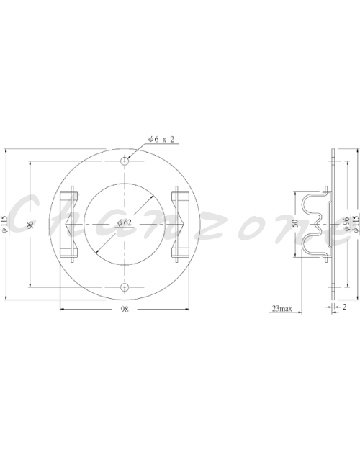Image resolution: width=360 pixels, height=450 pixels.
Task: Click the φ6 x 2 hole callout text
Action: pos(161,140)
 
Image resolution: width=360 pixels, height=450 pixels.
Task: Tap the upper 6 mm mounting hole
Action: pos(125,161)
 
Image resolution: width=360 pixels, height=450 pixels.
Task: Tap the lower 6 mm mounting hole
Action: pos(125,287)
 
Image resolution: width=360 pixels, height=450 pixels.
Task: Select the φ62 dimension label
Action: pos(125,222)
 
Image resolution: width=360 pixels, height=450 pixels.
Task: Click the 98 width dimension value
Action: pos(125,310)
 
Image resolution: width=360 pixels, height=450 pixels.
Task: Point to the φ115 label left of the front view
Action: pos(4,224)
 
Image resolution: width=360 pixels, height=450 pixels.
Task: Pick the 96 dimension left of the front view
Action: pos(30,224)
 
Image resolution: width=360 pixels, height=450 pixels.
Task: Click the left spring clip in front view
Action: pos(68,224)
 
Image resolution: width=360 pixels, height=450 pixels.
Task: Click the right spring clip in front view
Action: pos(180,224)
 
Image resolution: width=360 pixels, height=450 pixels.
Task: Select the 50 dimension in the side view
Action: pos(295,223)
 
